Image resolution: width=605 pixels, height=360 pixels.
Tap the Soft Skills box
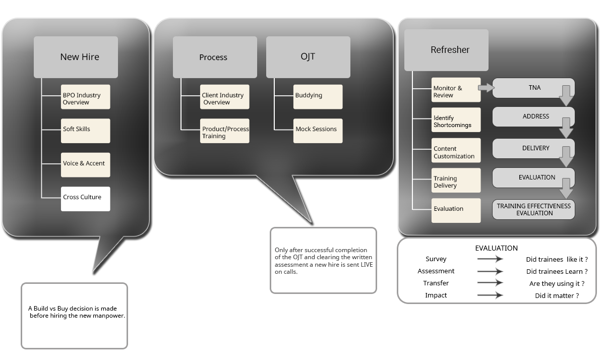pos(85,131)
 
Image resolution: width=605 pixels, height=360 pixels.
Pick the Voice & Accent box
pos(85,164)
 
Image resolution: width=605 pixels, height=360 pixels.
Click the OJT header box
pos(308,57)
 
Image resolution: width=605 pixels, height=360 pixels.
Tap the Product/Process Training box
pos(224,132)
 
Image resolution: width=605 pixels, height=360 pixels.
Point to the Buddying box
pos(318,96)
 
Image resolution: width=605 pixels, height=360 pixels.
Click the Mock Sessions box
pos(318,131)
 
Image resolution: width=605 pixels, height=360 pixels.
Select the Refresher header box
pos(446,50)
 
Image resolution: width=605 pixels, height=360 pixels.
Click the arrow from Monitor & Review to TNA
pos(485,88)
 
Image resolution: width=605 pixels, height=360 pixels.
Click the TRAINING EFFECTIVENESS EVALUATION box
pos(533,210)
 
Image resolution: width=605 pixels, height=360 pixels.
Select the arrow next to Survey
pos(490,259)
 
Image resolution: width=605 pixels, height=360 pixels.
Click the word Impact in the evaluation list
pos(436,295)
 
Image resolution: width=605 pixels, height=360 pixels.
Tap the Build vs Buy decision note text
pos(76,312)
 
